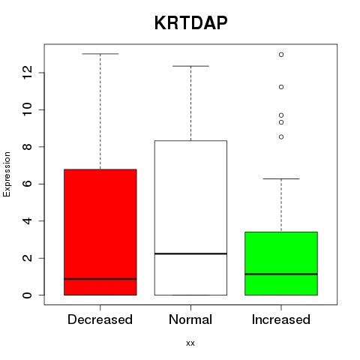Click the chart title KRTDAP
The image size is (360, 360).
190,23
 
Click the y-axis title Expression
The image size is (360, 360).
7,174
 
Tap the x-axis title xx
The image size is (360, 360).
190,343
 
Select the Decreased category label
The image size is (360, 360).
100,319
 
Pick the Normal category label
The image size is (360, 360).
190,319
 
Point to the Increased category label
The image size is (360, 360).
281,319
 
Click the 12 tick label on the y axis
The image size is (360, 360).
28,73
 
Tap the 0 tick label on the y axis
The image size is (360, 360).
28,295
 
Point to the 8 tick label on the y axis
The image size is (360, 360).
28,147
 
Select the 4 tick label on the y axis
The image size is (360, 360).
28,221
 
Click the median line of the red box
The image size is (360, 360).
100,279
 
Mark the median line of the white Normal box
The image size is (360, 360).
190,253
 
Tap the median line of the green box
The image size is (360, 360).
281,274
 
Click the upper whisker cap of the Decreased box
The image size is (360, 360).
100,54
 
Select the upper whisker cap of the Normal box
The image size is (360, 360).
190,66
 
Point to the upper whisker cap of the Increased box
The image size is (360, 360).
281,178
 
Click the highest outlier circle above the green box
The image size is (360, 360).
281,55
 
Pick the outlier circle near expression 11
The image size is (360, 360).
281,87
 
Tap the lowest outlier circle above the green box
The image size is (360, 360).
281,137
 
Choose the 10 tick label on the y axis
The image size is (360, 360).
28,109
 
